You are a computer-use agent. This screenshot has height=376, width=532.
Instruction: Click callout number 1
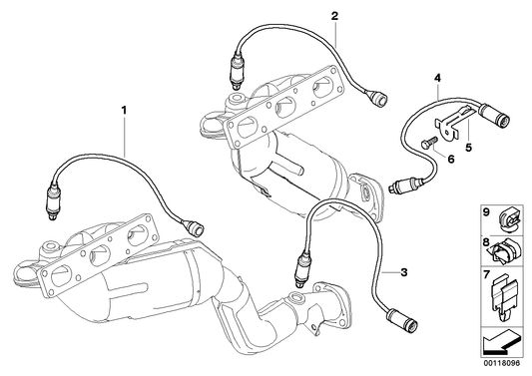pyautogui.click(x=125, y=107)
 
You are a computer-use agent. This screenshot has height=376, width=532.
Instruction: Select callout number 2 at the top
pyautogui.click(x=334, y=16)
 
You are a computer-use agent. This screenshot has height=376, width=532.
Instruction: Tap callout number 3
pyautogui.click(x=403, y=271)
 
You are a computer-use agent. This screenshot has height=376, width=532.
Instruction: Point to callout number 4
pyautogui.click(x=436, y=77)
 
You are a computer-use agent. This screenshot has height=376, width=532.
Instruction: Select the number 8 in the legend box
pyautogui.click(x=486, y=242)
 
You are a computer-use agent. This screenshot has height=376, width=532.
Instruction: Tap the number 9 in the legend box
pyautogui.click(x=486, y=212)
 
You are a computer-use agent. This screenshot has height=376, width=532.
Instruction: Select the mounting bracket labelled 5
pyautogui.click(x=457, y=126)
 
